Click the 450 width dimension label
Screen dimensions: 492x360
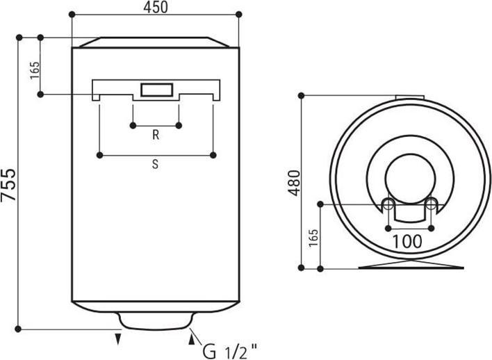[156, 7]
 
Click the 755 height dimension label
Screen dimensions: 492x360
[8, 185]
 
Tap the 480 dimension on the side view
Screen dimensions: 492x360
[295, 183]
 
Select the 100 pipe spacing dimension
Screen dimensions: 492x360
[407, 241]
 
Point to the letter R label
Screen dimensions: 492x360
[156, 135]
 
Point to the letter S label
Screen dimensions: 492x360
[155, 164]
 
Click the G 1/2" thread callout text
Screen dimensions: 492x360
[230, 352]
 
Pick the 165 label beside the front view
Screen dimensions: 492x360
[35, 70]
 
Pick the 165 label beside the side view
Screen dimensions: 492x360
[313, 238]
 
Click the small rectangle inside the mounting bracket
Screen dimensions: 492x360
[156, 90]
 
